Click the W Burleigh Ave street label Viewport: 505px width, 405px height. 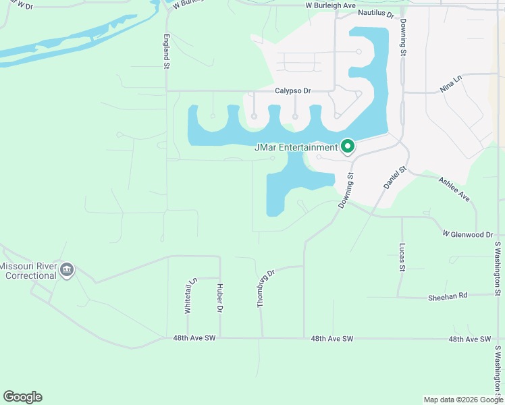click(329, 5)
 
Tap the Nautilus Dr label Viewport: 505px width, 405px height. click(376, 13)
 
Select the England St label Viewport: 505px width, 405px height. click(166, 51)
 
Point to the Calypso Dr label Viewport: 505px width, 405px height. click(292, 90)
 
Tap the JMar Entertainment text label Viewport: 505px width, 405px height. click(295, 147)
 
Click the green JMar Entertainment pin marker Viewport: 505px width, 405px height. click(348, 146)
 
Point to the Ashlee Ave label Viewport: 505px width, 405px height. click(454, 189)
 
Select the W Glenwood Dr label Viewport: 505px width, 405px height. click(468, 234)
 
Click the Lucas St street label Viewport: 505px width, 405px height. click(402, 257)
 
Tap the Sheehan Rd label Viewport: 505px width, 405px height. click(448, 296)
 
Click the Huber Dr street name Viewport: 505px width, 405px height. click(219, 298)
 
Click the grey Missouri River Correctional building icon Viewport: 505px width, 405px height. click(67, 271)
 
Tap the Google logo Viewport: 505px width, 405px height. click(22, 397)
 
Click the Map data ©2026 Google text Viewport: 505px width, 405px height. click(462, 400)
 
